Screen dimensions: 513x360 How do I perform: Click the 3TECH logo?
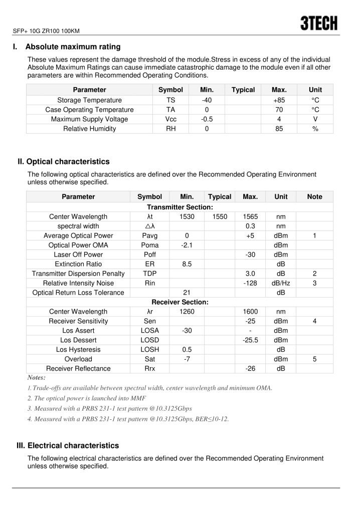point(319,23)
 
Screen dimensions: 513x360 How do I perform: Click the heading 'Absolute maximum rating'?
point(73,47)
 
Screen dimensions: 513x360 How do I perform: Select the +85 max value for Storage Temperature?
point(279,100)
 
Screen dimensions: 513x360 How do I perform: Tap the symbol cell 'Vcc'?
point(170,119)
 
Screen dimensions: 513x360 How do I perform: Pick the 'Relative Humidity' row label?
point(89,129)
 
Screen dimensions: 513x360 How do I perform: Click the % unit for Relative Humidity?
point(315,129)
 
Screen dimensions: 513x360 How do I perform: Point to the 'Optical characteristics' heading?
point(68,162)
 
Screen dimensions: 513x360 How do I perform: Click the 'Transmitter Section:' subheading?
point(180,207)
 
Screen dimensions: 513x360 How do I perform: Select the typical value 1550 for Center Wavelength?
point(220,216)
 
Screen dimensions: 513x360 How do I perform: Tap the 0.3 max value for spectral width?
point(250,226)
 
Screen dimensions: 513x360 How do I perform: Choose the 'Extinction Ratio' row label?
point(78,264)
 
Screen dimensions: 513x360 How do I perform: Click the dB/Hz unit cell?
point(281,283)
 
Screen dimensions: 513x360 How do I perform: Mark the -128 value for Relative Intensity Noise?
point(250,283)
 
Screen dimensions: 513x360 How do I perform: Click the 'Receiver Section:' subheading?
point(180,302)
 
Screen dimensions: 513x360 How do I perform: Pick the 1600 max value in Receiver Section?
point(250,312)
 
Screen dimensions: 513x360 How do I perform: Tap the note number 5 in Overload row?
point(314,359)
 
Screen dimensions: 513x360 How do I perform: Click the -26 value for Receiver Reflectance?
point(250,369)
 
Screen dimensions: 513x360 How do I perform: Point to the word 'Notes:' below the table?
point(36,378)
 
